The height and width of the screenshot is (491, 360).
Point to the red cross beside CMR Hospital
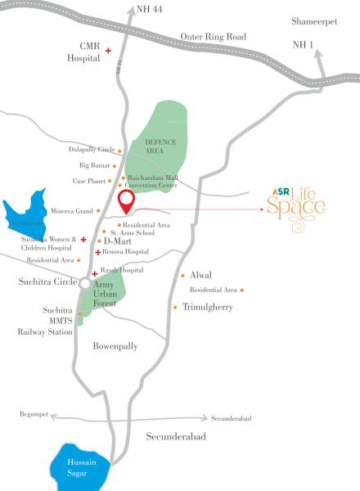click(x=108, y=52)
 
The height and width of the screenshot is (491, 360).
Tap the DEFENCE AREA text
click(x=160, y=146)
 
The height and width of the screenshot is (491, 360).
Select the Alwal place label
click(x=200, y=276)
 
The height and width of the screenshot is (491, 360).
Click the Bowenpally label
click(x=115, y=346)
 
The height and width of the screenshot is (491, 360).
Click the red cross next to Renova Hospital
click(x=98, y=253)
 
